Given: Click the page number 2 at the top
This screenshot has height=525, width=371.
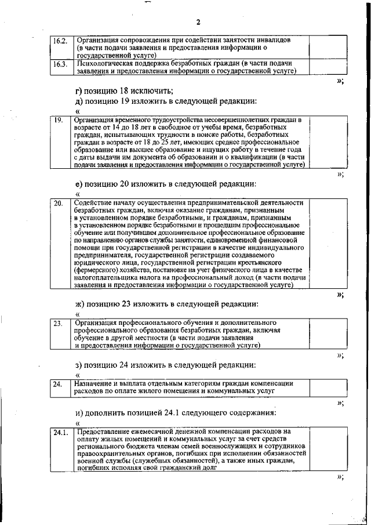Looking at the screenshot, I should (x=198, y=23).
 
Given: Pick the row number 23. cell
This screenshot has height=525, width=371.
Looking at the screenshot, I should (x=59, y=324).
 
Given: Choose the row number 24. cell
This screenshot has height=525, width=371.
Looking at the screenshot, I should (x=58, y=384).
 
